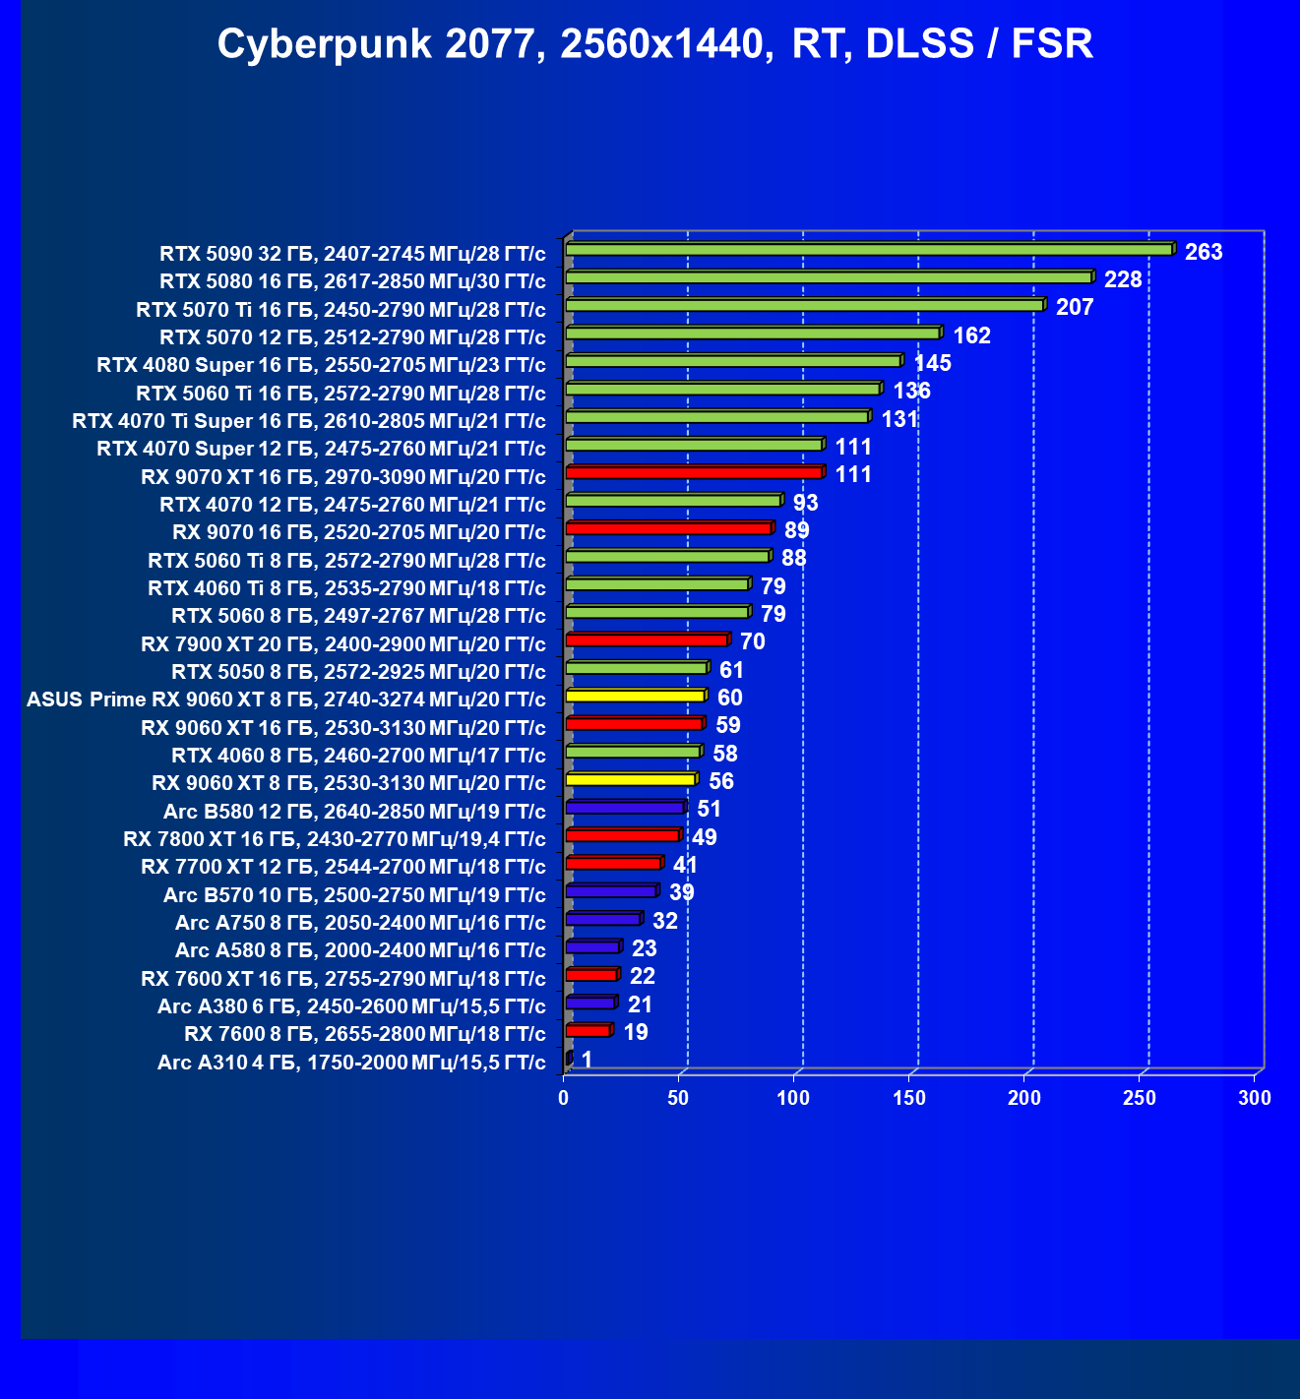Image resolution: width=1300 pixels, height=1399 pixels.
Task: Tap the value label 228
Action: (1123, 279)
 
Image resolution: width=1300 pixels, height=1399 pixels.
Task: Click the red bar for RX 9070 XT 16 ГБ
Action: (694, 473)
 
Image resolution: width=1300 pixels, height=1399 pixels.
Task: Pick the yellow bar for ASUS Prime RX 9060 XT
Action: (636, 697)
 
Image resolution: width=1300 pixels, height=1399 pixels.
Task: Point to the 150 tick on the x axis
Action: (909, 1098)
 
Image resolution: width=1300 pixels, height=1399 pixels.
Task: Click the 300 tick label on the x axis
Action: (1255, 1098)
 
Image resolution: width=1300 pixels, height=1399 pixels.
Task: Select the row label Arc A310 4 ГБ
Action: (351, 1063)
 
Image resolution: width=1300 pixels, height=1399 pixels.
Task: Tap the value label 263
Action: (1204, 252)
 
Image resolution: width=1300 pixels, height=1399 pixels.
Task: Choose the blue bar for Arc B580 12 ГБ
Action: (625, 808)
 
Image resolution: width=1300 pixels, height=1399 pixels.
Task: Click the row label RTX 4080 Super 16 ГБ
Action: (321, 365)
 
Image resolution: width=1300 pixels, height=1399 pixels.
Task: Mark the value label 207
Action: (1075, 307)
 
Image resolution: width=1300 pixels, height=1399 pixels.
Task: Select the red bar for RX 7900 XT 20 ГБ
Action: (647, 640)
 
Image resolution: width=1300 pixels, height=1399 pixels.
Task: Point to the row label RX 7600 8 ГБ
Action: (364, 1034)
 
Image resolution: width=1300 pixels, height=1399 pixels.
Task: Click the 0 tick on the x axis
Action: (564, 1098)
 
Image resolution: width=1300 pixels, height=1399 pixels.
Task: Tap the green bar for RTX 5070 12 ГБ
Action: (753, 334)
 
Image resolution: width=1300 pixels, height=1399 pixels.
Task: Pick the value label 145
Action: (932, 363)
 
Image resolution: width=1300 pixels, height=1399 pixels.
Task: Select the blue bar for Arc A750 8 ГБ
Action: (603, 919)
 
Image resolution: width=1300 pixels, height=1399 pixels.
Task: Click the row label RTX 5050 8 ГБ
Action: (358, 672)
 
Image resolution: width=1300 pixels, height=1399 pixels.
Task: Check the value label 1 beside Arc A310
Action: (587, 1060)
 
